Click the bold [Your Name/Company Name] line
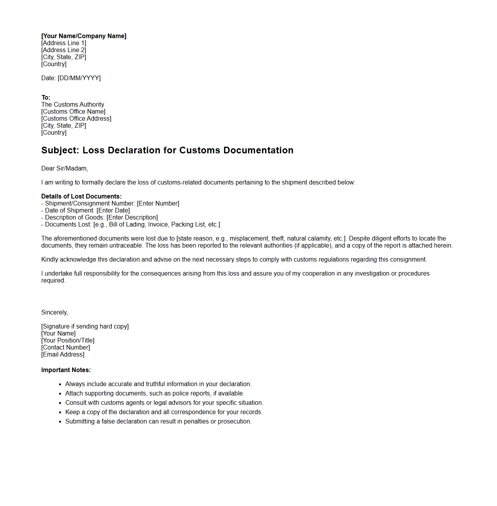84,36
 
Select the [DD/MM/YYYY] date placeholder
79,78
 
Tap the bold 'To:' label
46,98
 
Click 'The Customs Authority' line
73,105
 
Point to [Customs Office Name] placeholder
73,112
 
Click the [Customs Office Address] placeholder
76,119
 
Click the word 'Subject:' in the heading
60,151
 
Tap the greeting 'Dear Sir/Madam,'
65,169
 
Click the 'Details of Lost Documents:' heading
81,197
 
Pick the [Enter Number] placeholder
158,204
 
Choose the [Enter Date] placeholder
113,211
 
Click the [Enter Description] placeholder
132,218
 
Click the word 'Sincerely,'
54,313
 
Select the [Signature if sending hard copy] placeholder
85,327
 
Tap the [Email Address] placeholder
63,355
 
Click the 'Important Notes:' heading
66,370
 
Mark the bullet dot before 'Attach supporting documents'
60,394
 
